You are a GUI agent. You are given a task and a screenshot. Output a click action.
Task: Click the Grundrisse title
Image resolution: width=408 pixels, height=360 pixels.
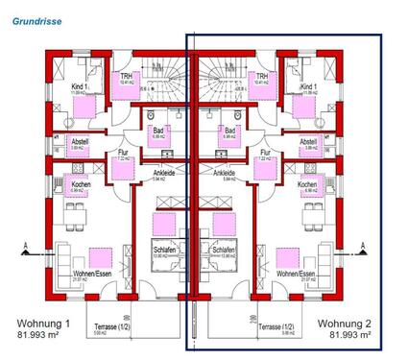pos(36,16)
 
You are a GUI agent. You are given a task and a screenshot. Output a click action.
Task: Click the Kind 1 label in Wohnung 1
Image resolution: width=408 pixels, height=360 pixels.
pos(79,86)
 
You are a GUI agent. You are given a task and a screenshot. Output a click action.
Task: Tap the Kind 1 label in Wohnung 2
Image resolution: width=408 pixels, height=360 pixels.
pos(307,86)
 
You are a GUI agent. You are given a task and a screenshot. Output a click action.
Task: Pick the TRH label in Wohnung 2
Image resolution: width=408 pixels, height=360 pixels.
pos(257,77)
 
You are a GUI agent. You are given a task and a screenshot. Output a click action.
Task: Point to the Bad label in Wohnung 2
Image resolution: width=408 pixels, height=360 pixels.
pos(228,131)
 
